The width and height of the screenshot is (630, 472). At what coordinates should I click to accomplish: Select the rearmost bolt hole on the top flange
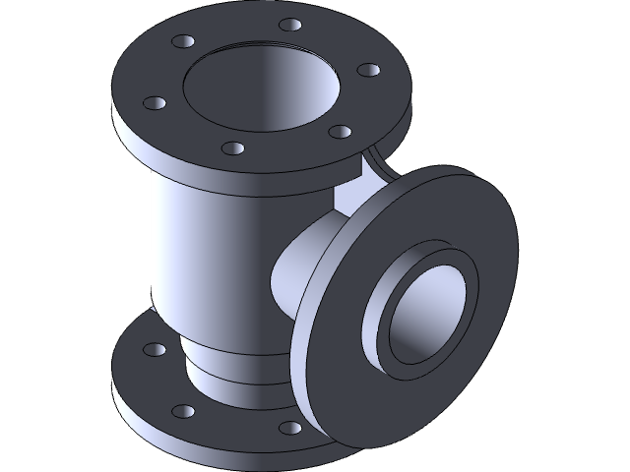289,25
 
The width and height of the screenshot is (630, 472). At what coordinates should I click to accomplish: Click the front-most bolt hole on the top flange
232,148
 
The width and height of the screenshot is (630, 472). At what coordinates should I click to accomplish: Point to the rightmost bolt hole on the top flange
367,71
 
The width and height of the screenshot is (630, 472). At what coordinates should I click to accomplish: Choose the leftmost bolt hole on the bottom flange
155,350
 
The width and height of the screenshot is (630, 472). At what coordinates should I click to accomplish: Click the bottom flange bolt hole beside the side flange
288,427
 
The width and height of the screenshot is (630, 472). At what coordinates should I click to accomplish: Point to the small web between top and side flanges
374,162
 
